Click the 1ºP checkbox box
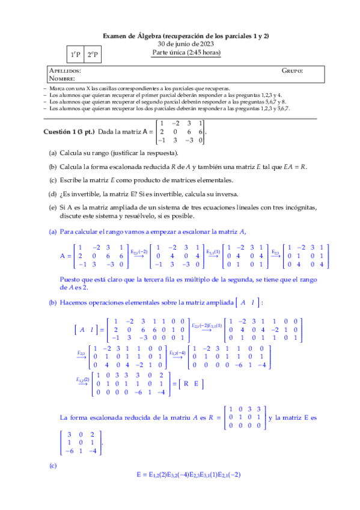75,55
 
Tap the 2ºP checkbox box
93,55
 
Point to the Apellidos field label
65,71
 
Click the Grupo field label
292,71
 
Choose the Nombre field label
63,78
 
